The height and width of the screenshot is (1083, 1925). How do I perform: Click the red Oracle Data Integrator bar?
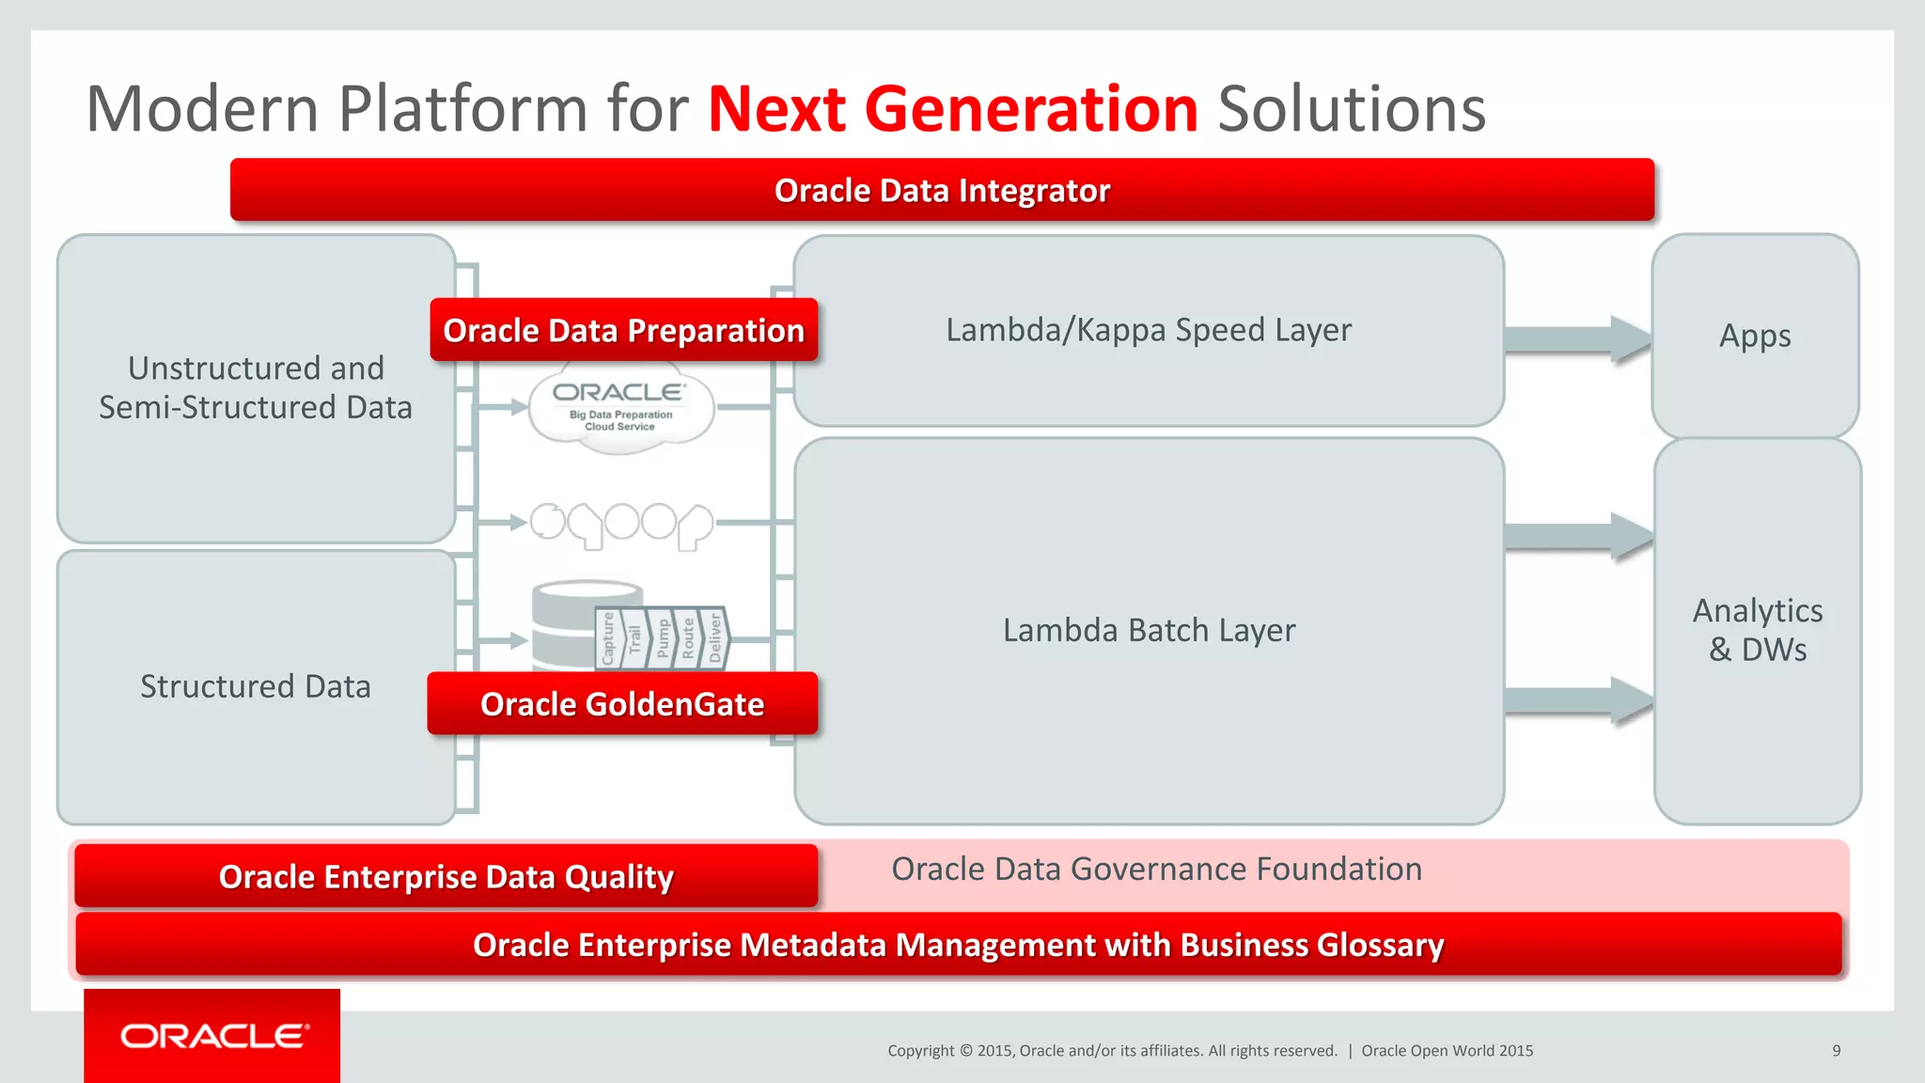[942, 190]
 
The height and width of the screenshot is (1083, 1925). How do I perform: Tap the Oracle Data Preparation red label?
[623, 330]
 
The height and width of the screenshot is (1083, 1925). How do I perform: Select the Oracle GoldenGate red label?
[622, 703]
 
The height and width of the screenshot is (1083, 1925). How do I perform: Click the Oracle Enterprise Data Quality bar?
[446, 876]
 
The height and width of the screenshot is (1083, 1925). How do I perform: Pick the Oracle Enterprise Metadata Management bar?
[957, 944]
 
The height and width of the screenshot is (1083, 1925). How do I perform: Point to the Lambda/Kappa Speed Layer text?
[1148, 330]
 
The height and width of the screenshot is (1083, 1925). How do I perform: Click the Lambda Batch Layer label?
[1148, 630]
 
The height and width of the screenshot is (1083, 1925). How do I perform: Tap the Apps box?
[1754, 336]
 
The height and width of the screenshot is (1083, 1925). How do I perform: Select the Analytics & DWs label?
[1757, 630]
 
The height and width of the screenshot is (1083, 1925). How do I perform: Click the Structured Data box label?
[255, 686]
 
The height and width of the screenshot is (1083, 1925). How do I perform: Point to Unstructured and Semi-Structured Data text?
[255, 387]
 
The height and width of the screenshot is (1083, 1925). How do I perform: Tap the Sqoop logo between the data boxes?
[621, 523]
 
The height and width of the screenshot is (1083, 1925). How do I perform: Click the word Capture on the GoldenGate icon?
[608, 638]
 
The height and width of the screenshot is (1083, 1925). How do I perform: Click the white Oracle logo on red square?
[213, 1036]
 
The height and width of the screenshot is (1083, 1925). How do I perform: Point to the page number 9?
[1836, 1050]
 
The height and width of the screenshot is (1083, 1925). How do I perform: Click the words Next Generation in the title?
[952, 109]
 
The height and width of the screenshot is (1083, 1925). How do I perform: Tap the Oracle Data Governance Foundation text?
[1156, 869]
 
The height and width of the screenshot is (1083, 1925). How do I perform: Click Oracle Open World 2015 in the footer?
[1447, 1050]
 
